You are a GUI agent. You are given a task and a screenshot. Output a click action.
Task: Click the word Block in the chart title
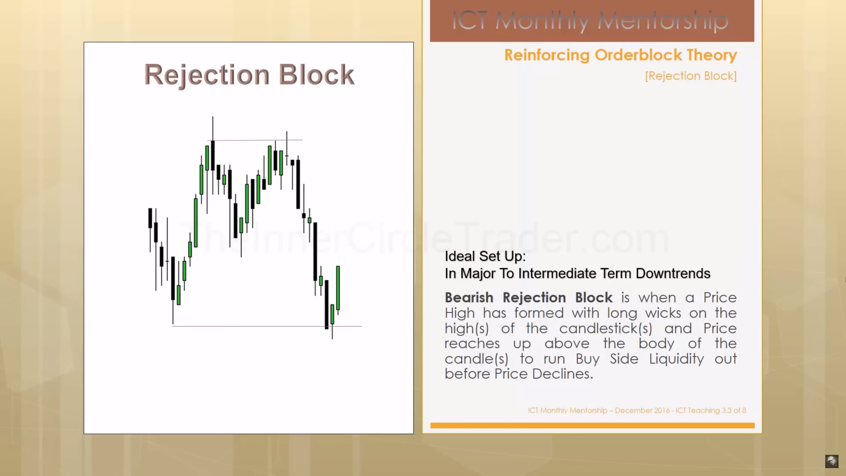tap(317, 74)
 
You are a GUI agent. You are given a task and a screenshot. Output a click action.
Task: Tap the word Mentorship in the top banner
tap(663, 21)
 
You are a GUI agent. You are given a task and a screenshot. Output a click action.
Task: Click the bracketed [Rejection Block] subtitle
tap(691, 76)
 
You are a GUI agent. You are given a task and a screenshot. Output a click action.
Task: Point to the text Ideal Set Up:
tap(485, 256)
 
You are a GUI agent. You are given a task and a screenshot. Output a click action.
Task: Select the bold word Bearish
tap(469, 298)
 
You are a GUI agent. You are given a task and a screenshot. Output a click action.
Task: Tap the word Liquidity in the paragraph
tap(677, 359)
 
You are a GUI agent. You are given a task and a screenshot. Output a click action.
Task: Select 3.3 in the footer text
tap(726, 410)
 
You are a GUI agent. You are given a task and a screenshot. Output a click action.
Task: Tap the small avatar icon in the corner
tap(831, 461)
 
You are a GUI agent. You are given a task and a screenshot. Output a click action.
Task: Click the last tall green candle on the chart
tap(338, 288)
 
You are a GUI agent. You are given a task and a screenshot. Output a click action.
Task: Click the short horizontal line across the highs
tap(255, 140)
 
